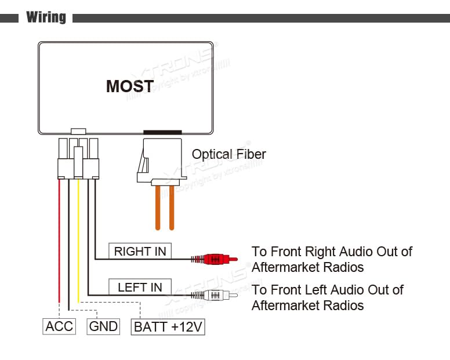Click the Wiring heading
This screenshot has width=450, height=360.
[46, 17]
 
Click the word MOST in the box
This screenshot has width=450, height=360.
[130, 86]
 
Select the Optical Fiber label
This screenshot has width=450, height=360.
[228, 154]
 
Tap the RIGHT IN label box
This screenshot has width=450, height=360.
[140, 251]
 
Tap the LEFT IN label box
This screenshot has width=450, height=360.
[140, 287]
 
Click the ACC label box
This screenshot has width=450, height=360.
[59, 326]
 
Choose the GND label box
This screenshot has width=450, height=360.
[103, 326]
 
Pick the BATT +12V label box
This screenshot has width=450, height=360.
[168, 327]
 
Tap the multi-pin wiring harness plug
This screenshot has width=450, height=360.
[78, 158]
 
